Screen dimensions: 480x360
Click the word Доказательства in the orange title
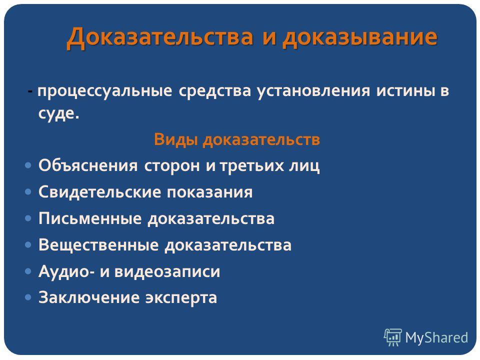coord(160,37)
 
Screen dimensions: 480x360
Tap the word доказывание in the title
coord(359,38)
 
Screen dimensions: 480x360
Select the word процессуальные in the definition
coord(104,91)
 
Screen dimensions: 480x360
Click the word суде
coord(59,113)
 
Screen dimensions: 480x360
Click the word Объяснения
coord(88,165)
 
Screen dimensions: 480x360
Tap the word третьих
coord(251,166)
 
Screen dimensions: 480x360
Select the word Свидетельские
coord(100,192)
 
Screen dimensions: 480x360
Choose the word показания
coord(209,192)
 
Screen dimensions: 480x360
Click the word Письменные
coord(90,218)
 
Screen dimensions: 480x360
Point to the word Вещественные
coord(98,245)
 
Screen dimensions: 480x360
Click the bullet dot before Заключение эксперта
coord(28,297)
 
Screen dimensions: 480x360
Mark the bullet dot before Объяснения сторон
coord(28,165)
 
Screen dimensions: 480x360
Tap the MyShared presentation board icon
coord(393,337)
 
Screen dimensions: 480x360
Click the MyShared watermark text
coord(436,338)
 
